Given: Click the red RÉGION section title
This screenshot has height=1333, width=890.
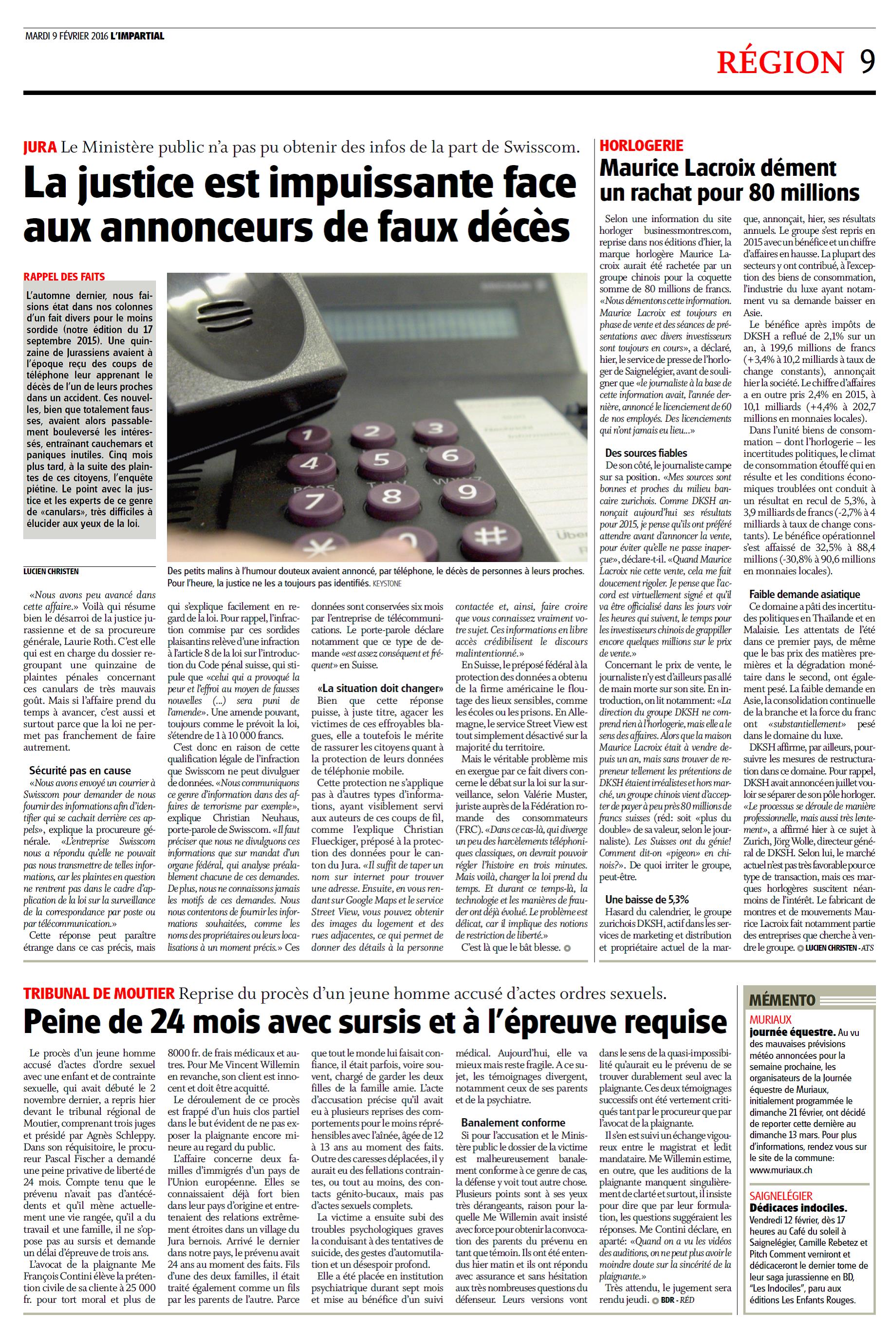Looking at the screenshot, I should coord(780,62).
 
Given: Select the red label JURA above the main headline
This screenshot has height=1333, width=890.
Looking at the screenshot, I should coord(40,148).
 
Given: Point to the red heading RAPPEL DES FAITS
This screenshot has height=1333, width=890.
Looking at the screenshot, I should coord(64,277).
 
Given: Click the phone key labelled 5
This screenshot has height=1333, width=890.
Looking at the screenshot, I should coord(380,459).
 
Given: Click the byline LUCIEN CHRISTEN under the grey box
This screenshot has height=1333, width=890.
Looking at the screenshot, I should coord(51,571).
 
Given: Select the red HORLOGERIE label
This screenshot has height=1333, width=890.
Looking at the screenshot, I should coord(641,145).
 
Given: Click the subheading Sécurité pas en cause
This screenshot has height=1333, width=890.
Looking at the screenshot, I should coord(80,770).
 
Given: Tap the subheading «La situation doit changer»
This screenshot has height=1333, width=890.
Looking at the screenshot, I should coord(380,689).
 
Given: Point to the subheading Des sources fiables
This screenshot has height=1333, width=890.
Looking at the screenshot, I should coord(646,453).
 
